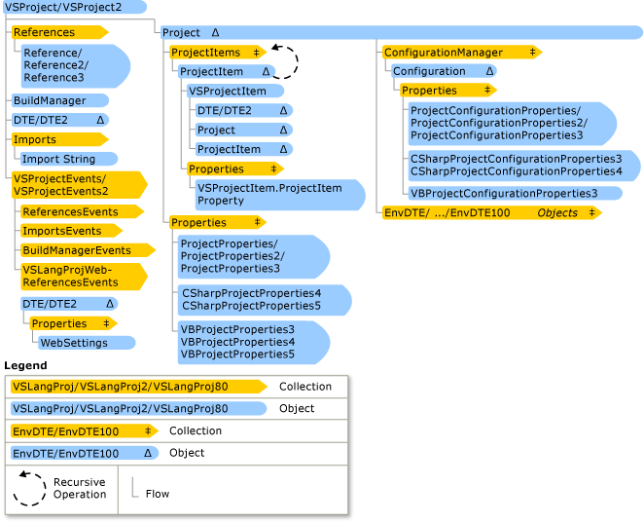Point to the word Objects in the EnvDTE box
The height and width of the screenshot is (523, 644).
click(557, 212)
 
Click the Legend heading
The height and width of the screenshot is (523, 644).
click(25, 365)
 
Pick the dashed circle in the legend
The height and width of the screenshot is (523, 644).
click(29, 488)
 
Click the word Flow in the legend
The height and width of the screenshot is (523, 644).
click(157, 494)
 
